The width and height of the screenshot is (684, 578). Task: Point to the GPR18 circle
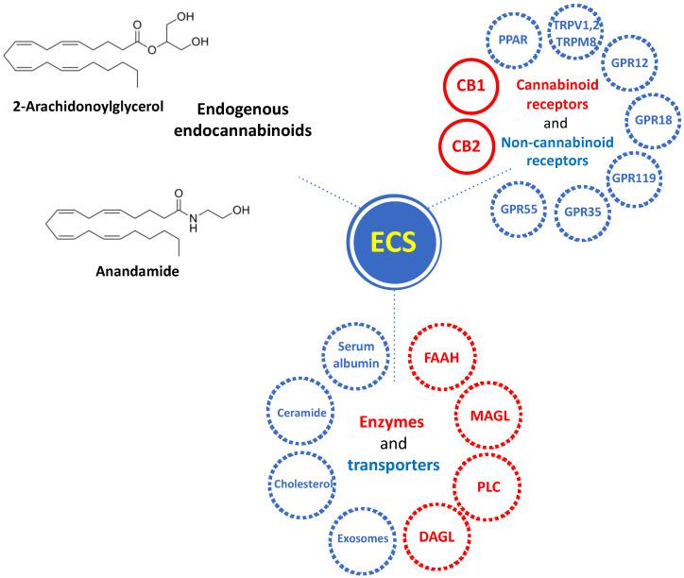[653, 121]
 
